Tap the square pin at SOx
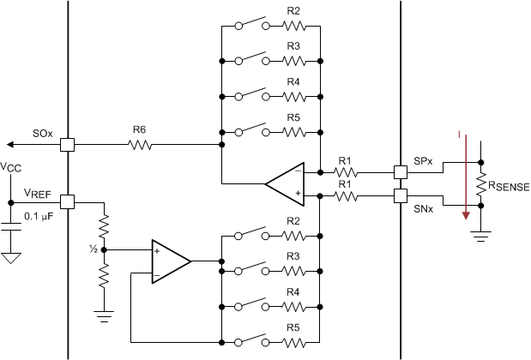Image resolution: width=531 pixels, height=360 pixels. coord(68,145)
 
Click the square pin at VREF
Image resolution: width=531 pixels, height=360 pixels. coord(68,202)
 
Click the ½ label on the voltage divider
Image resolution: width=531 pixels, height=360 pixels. coord(93,249)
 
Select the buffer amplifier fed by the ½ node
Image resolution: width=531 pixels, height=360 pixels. coord(170,259)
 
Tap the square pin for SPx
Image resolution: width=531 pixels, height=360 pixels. coord(400,171)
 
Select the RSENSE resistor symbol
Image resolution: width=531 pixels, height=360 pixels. coord(480,183)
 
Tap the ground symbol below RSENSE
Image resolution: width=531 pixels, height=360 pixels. coord(480,229)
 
